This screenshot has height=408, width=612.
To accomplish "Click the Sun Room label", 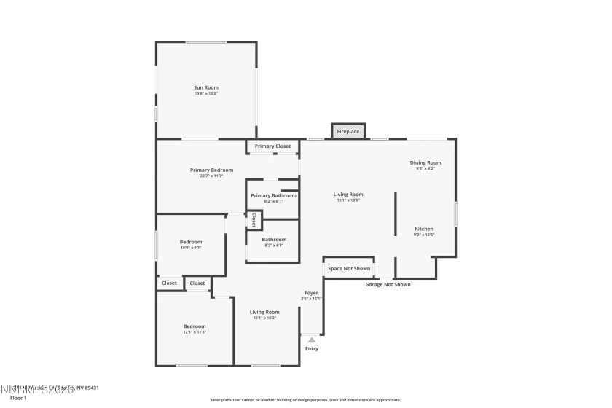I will (206, 87).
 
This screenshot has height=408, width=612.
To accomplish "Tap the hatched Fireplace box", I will (348, 131).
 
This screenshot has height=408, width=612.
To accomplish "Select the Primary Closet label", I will (272, 146).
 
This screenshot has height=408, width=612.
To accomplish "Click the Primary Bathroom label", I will (273, 195).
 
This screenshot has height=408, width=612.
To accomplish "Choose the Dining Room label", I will (425, 162).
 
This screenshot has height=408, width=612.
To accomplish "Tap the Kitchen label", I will (424, 229).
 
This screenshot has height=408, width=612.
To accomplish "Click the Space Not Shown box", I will (349, 268).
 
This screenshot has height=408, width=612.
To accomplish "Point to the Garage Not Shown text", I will (388, 284).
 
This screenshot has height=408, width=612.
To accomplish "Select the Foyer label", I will (311, 293).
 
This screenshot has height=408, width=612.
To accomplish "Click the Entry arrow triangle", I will (312, 340).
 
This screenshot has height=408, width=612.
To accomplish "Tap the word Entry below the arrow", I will (312, 348).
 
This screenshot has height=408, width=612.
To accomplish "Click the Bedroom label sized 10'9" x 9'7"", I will (191, 242).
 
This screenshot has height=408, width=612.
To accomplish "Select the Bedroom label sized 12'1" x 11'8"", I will (195, 326).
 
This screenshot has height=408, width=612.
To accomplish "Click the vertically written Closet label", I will (254, 219).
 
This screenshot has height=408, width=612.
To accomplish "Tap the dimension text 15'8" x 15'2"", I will (206, 93).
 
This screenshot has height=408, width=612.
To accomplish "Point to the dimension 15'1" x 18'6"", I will (348, 200).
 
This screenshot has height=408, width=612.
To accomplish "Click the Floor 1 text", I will (18, 398).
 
